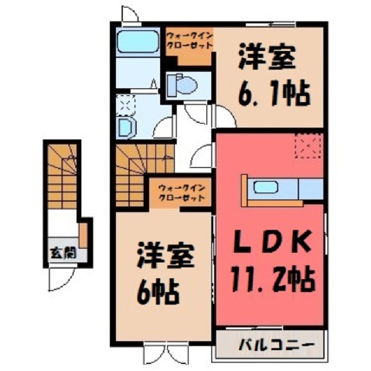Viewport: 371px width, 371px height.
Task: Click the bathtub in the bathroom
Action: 138,42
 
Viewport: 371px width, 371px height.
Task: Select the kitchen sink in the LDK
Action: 265,187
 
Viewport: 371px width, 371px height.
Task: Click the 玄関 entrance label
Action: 63,253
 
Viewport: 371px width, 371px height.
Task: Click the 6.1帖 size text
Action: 274,94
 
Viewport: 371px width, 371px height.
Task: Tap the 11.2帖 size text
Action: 273,280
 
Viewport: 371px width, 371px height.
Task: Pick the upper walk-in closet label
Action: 189,40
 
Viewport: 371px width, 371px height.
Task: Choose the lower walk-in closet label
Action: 182,193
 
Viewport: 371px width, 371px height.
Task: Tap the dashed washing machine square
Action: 125,104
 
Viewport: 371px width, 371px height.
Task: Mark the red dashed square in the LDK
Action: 308,145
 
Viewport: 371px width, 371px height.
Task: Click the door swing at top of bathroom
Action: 131,14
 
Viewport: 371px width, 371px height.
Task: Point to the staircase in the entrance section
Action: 63,176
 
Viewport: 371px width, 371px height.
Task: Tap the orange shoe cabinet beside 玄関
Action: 83,235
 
